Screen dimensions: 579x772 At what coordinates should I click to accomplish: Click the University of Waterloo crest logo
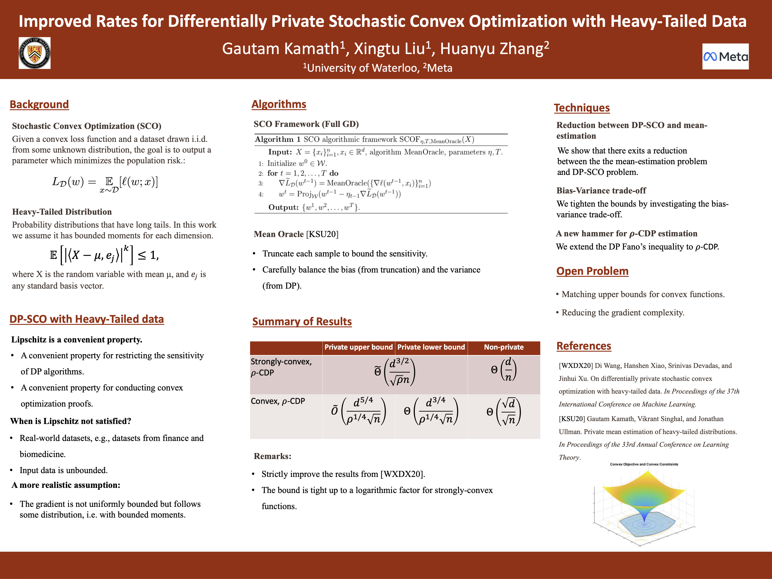coord(35,53)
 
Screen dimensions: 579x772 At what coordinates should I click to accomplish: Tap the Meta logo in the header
coord(725,57)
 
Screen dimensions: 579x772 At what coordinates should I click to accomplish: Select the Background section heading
coord(39,104)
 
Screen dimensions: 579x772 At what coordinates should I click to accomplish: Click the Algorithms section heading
coord(279,104)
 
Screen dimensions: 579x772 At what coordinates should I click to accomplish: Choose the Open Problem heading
coord(592,271)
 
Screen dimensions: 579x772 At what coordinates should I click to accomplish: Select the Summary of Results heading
coord(302,321)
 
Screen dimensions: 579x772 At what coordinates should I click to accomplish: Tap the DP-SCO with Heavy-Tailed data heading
coord(86,319)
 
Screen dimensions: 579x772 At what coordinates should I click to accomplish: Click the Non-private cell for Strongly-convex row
coord(504,370)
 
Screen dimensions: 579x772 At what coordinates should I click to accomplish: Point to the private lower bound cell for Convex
coord(432,411)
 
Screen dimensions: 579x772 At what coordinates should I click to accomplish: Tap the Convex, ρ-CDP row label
coord(278,401)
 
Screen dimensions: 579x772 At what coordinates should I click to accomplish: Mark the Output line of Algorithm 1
coord(314,207)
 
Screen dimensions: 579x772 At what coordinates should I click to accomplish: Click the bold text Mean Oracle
coord(279,234)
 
